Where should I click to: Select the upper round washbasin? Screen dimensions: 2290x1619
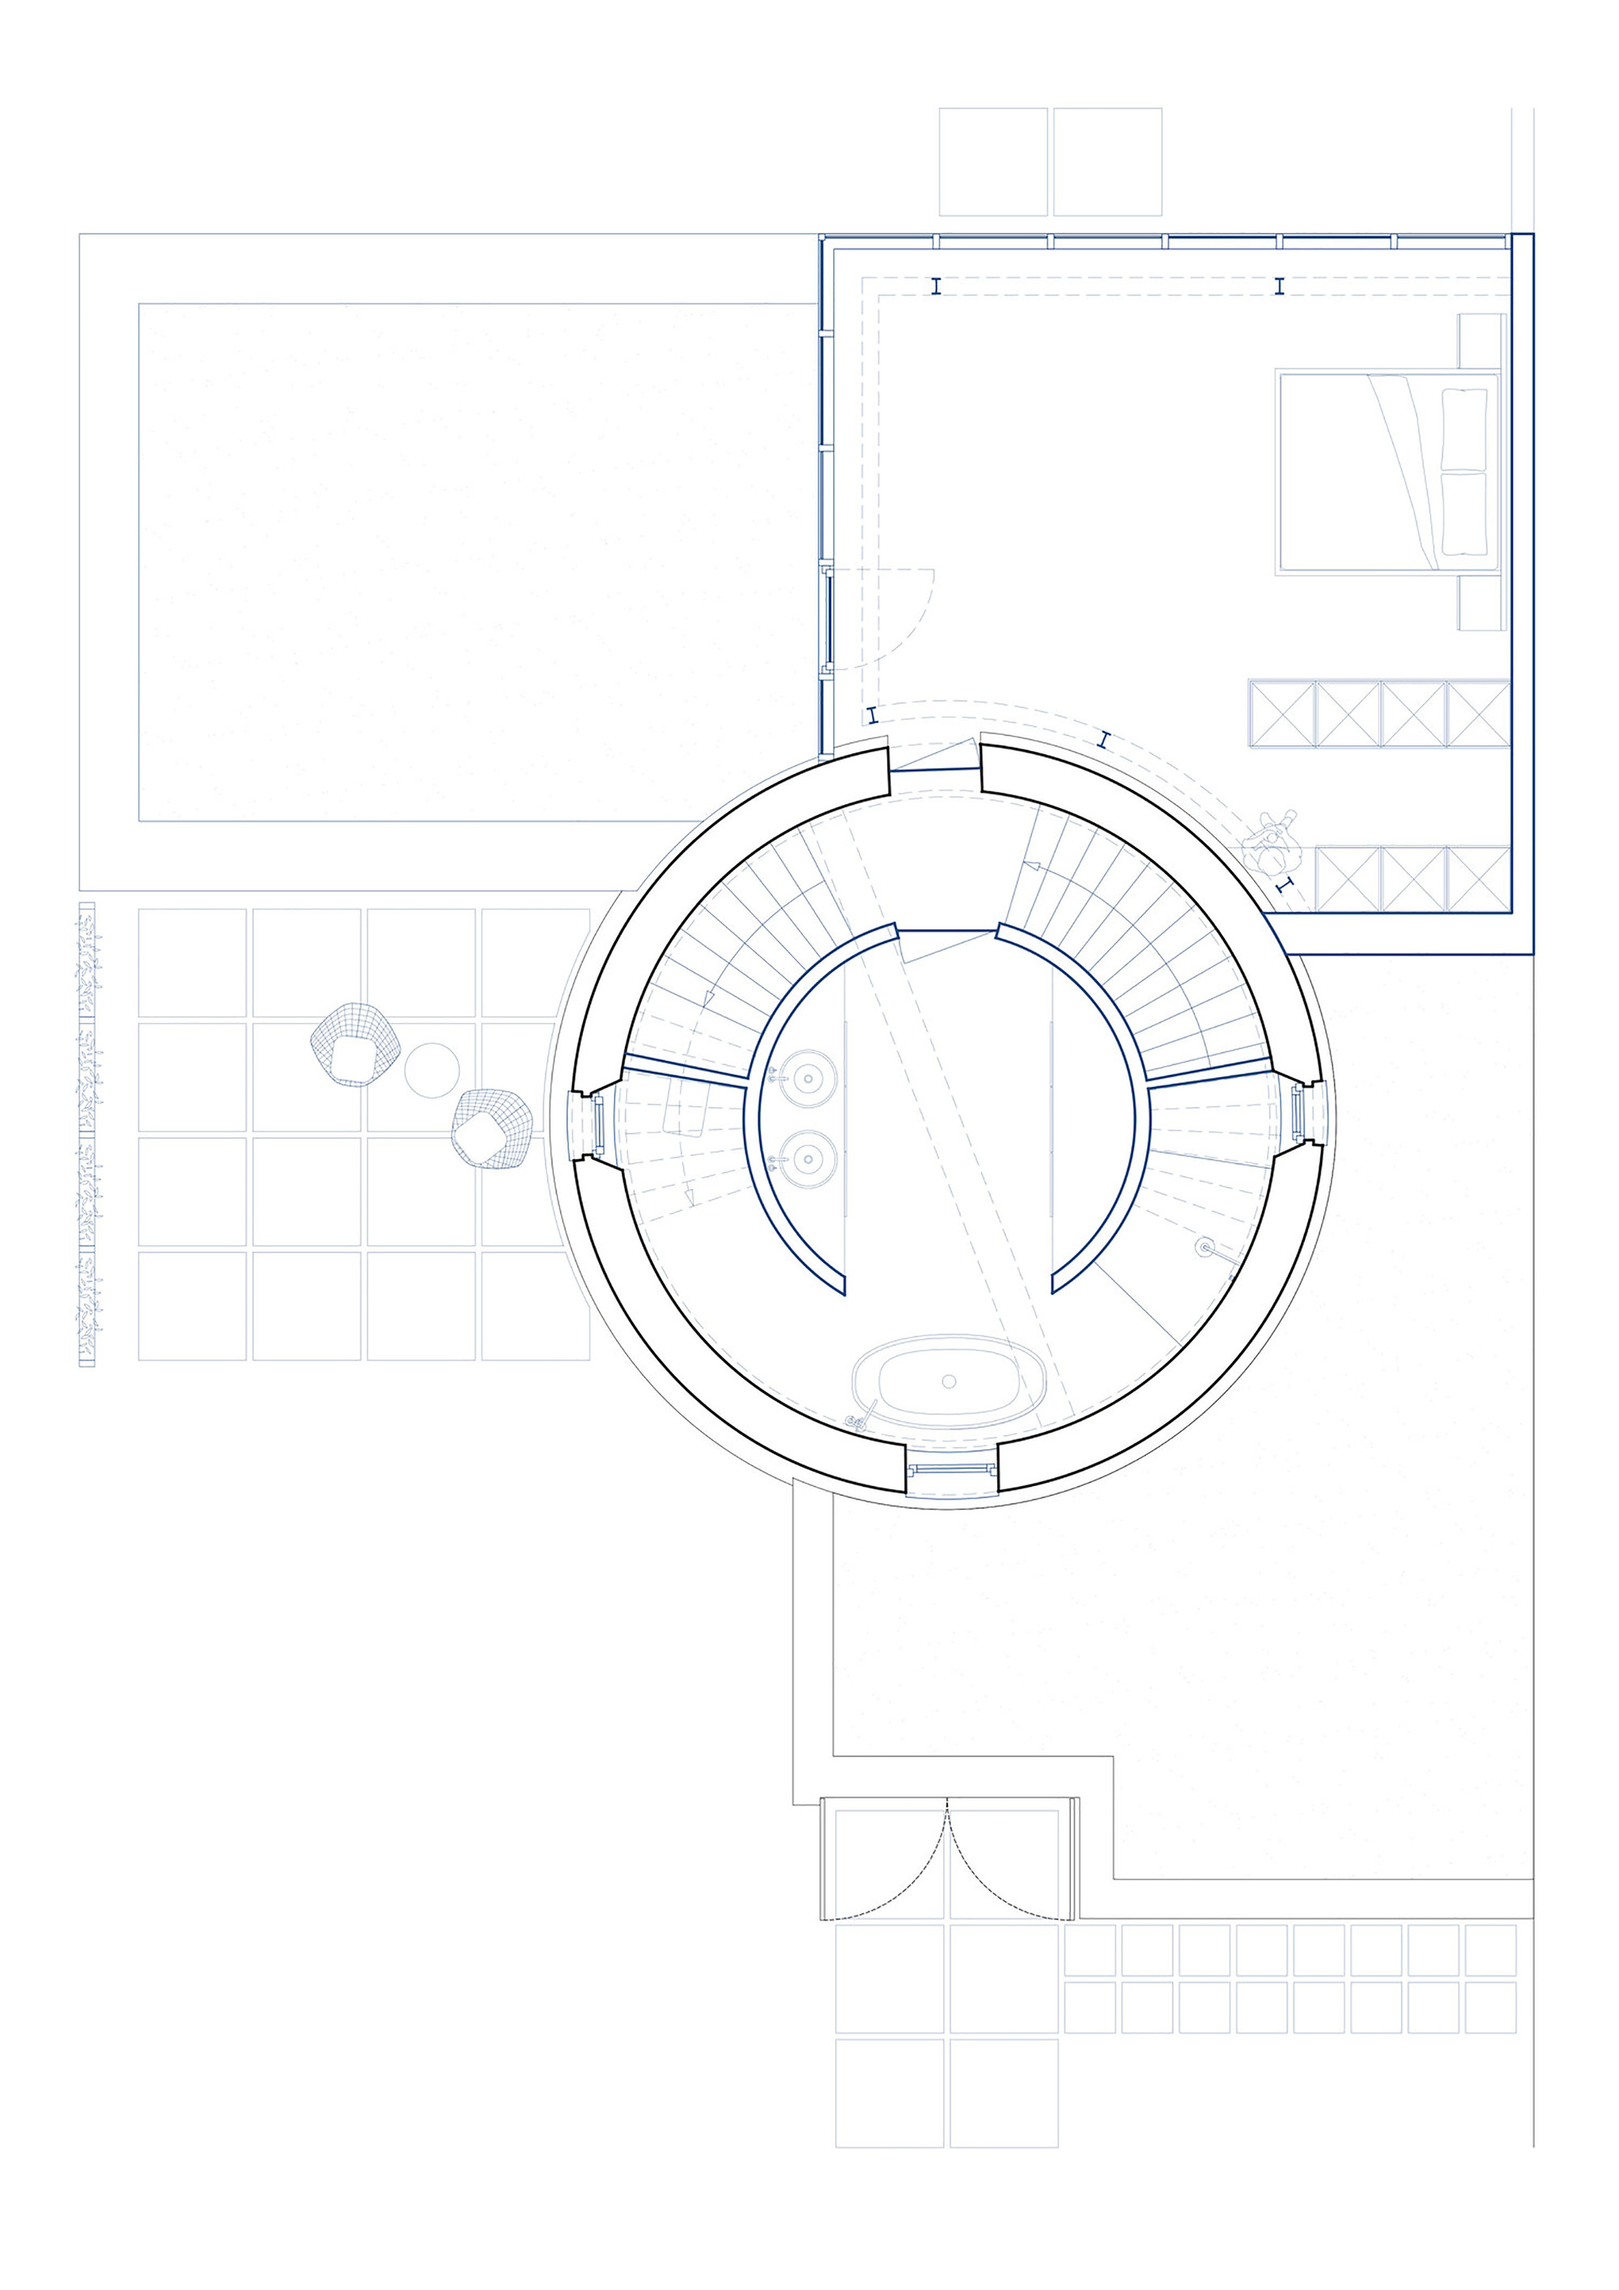coord(806,1079)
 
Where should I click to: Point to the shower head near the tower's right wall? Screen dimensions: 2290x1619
coord(1207,1246)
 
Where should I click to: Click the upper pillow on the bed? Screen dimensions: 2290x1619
coord(1464,429)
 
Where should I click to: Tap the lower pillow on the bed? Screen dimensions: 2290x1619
coord(1464,514)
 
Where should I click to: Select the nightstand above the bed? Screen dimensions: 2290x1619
coord(1481,342)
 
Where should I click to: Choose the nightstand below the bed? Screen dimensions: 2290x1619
coord(1481,603)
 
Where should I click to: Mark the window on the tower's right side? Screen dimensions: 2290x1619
coord(1298,1114)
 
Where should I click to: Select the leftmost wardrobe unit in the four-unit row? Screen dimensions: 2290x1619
coord(1281,713)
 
